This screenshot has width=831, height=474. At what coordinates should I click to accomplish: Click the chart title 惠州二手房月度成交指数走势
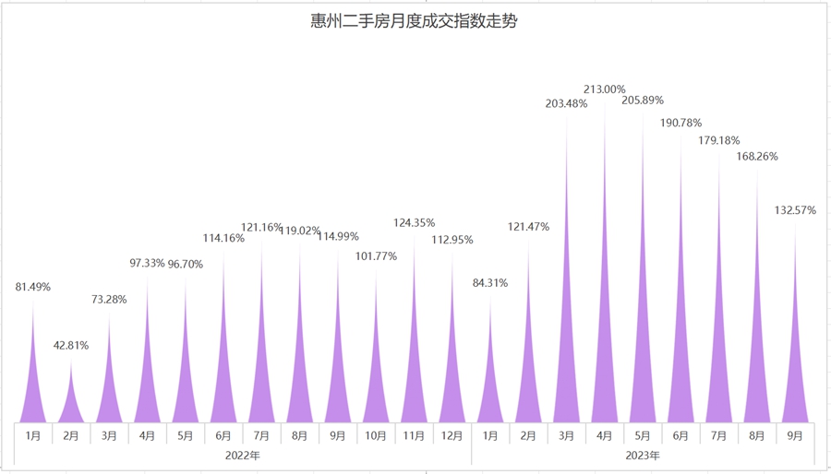[x=414, y=21]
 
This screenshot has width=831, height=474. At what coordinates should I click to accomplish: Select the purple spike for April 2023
[x=605, y=369]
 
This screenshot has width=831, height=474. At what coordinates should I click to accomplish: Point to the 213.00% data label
[x=605, y=89]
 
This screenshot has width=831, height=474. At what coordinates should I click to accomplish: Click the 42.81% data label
[x=71, y=346]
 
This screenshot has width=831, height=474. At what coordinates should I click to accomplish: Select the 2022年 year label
[x=243, y=456]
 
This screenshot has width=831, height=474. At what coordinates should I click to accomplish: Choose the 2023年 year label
[x=643, y=456]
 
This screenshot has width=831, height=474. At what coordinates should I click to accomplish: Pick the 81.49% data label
[x=33, y=287]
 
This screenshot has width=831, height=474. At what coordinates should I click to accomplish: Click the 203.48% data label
[x=566, y=103]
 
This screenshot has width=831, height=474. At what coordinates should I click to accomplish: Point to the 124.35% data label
[x=414, y=223]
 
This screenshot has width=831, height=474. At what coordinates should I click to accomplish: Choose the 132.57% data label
[x=795, y=210]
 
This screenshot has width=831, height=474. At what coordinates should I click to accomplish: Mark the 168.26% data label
[x=756, y=157]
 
